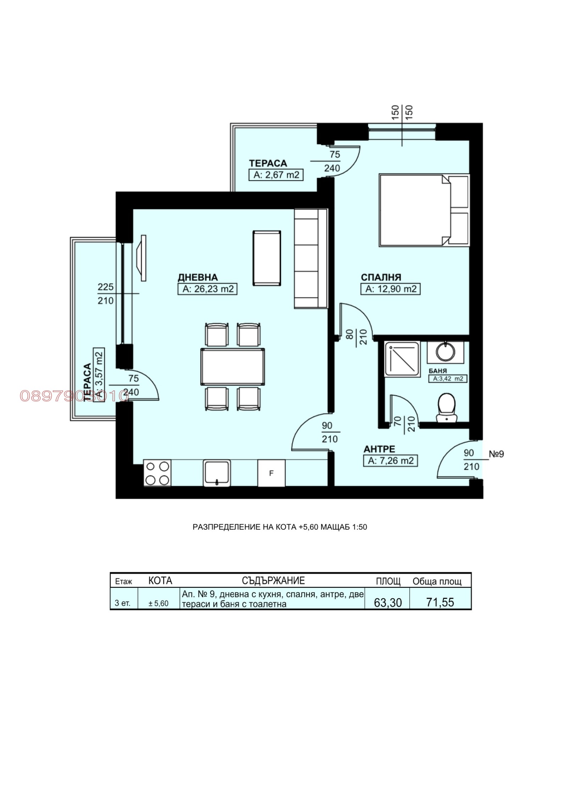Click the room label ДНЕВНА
pyautogui.click(x=197, y=277)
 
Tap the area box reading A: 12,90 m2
pyautogui.click(x=391, y=289)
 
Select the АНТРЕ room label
pyautogui.click(x=379, y=449)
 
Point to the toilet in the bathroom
pyautogui.click(x=447, y=407)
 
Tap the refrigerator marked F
pyautogui.click(x=271, y=473)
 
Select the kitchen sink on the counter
pyautogui.click(x=217, y=473)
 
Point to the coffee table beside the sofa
pyautogui.click(x=267, y=258)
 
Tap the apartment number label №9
pyautogui.click(x=496, y=454)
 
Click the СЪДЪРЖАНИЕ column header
pyautogui.click(x=273, y=581)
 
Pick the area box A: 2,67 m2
pyautogui.click(x=276, y=175)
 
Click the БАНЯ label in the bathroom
pyautogui.click(x=438, y=371)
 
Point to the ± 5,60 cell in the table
pyautogui.click(x=158, y=603)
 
